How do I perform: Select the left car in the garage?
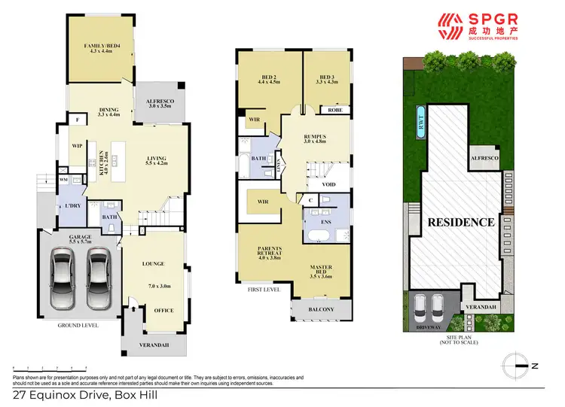coord(64,276)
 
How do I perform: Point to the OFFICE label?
coord(163,310)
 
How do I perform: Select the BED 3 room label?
coord(326,77)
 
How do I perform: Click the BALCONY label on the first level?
coord(321,308)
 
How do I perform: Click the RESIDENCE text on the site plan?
coord(462,223)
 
